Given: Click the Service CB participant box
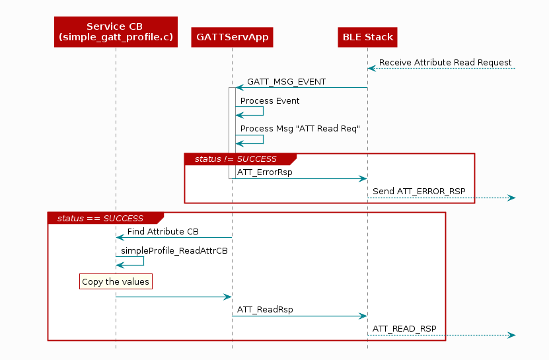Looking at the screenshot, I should point(116,32).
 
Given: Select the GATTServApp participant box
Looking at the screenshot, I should point(232,37).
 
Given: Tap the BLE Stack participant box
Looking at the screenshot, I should point(368,37).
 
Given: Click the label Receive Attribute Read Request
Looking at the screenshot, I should point(445,63).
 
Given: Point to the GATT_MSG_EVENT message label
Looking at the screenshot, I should point(286,82).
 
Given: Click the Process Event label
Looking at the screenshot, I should point(270,101).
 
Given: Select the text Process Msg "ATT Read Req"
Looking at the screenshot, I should point(299,128).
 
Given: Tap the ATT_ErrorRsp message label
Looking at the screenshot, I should point(264,172).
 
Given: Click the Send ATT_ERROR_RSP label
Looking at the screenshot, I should point(419,192).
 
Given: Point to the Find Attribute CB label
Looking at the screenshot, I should point(163,231).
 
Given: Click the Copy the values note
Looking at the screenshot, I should point(116,282).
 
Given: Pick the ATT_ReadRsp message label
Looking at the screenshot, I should point(265,309).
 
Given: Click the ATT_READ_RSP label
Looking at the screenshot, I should point(404,328).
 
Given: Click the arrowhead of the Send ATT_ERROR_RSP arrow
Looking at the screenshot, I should point(511,198).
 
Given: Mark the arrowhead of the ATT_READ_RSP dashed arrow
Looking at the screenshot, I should point(511,336).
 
